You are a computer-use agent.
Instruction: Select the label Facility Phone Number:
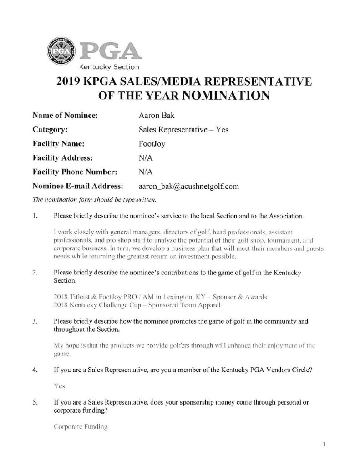pyautogui.click(x=75, y=172)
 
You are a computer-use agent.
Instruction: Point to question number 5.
pyautogui.click(x=35, y=403)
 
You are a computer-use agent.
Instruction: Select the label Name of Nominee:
pyautogui.click(x=66, y=116)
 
